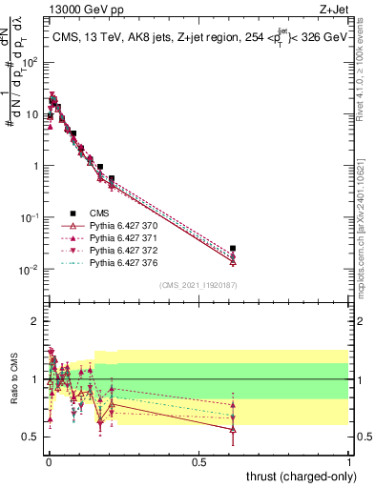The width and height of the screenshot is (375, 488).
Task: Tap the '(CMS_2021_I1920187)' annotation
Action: [x=198, y=284]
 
